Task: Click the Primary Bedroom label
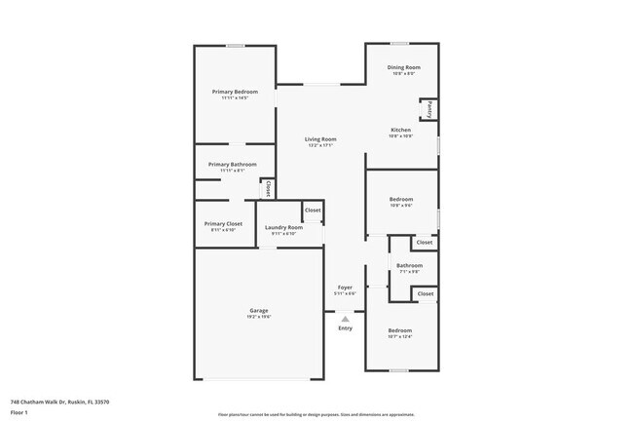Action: pos(235,92)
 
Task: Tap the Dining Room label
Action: pos(403,67)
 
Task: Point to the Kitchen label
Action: pos(400,130)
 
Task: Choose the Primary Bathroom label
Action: pos(233,165)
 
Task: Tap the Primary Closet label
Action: pos(223,223)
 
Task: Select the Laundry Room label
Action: pos(283,227)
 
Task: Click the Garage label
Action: pos(258,311)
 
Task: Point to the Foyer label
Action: pos(345,288)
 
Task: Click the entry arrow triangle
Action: pos(345,318)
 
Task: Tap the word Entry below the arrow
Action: pos(345,328)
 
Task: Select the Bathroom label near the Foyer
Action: pos(409,265)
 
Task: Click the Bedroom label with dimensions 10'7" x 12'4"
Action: pos(400,330)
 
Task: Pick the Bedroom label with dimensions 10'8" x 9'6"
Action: pos(401,200)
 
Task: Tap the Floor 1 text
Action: pos(20,412)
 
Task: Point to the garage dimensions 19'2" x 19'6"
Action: pos(258,317)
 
